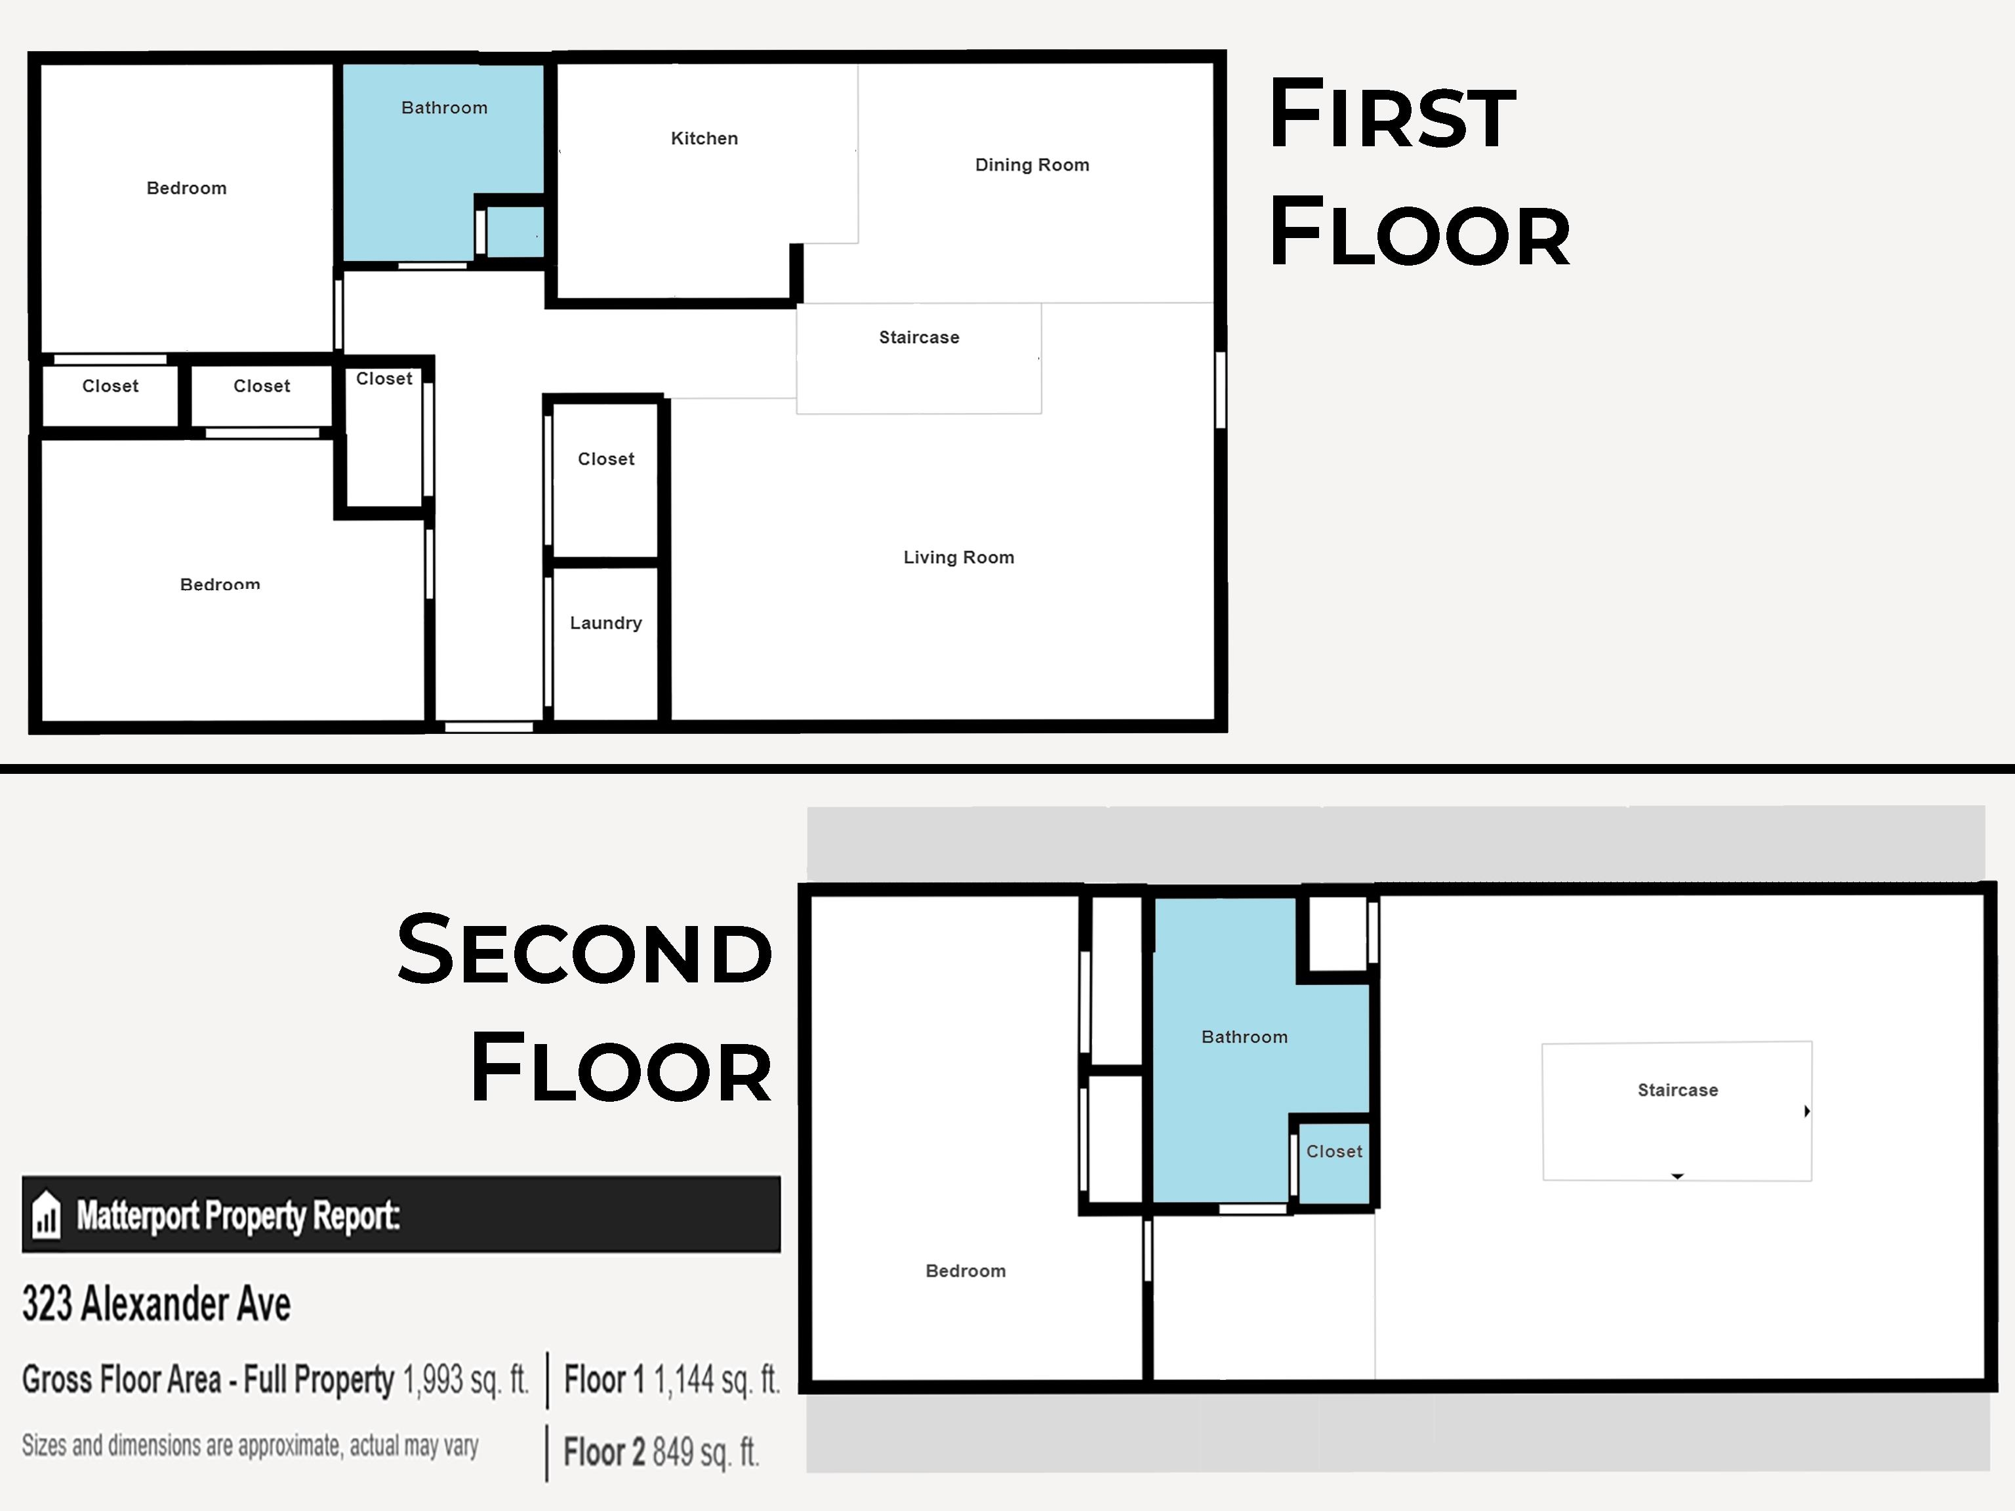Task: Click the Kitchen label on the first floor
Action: (704, 138)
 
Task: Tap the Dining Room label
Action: (1032, 165)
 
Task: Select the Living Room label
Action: (958, 557)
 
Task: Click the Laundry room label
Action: (606, 623)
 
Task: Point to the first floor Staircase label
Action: (919, 337)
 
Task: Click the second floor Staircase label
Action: (1678, 1090)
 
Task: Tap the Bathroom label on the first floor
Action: (445, 108)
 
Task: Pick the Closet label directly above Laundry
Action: (606, 459)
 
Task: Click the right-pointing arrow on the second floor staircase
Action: (1807, 1111)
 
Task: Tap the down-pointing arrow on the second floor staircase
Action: (1677, 1177)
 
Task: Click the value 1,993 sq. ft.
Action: (466, 1380)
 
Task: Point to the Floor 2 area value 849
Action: (673, 1452)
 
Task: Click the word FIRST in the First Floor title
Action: (1393, 114)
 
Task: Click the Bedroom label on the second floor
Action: (966, 1270)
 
